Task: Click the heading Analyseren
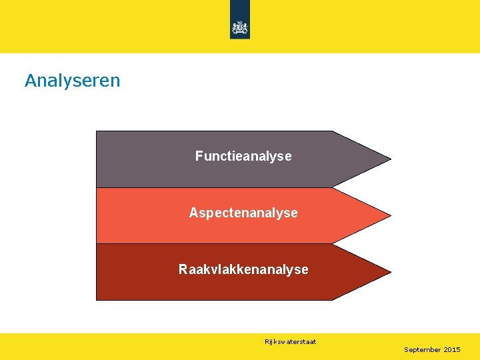click(72, 81)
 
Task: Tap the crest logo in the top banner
click(240, 27)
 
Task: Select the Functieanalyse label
click(243, 156)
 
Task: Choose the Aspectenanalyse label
click(243, 213)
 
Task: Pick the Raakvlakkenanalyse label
click(243, 269)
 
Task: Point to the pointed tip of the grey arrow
click(390, 159)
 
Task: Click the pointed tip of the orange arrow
click(390, 216)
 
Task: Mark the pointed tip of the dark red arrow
click(390, 272)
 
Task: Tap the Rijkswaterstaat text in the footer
click(290, 342)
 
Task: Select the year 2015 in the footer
click(452, 350)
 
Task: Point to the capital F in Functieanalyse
click(199, 156)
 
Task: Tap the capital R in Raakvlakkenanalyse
click(183, 269)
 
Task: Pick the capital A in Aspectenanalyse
click(193, 213)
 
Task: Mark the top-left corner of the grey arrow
click(97, 131)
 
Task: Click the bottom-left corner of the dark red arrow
click(97, 299)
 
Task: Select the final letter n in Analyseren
click(115, 82)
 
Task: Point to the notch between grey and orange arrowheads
click(333, 187)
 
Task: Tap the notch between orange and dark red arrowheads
click(333, 243)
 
